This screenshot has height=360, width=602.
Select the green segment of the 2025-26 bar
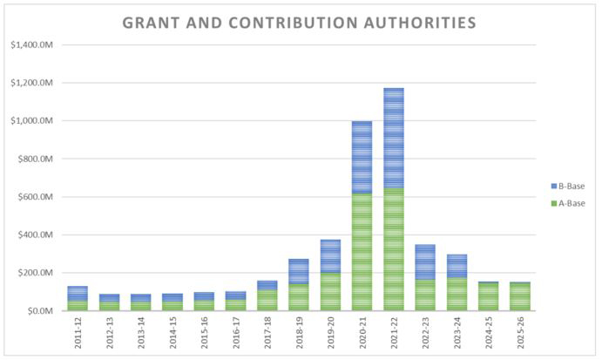(520, 296)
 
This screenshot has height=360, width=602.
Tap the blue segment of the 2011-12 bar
(78, 293)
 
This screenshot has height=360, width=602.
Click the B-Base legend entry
(567, 187)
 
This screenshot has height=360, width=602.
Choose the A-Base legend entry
(567, 203)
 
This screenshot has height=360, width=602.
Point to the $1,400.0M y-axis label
(30, 45)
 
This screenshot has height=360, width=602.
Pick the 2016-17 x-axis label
(236, 334)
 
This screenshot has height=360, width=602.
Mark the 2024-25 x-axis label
(489, 334)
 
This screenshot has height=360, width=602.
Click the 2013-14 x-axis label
(141, 334)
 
